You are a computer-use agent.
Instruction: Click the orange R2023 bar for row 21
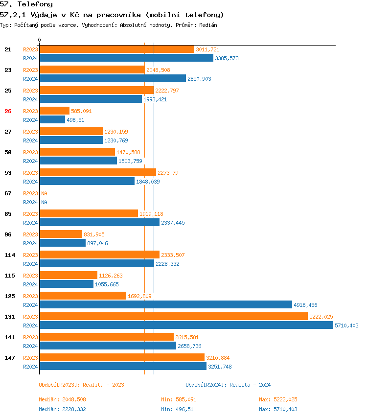click(117, 49)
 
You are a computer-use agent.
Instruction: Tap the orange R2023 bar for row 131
click(174, 317)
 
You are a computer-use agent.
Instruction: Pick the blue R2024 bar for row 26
click(52, 120)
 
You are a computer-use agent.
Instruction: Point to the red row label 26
click(8, 111)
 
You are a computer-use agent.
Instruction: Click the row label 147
click(9, 358)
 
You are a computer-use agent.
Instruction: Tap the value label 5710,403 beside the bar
click(347, 325)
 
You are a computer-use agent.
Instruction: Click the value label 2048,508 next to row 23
click(158, 70)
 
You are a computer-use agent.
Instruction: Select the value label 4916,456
click(305, 305)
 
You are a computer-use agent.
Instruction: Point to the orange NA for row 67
click(44, 193)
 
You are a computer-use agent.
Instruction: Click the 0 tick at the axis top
click(40, 40)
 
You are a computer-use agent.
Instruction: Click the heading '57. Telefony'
click(26, 4)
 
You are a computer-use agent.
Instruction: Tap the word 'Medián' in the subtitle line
click(208, 24)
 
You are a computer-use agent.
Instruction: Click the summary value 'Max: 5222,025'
click(278, 399)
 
